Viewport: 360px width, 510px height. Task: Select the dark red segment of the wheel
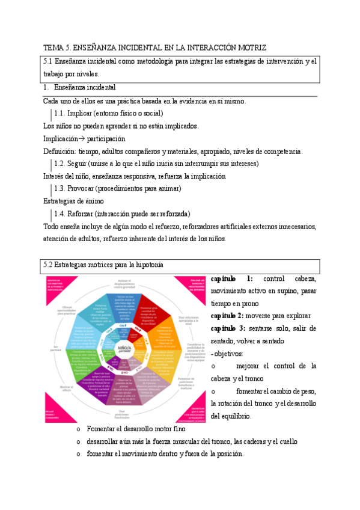pyautogui.click(x=154, y=305)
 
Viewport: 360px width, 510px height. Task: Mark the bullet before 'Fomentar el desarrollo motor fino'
pyautogui.click(x=78, y=429)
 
